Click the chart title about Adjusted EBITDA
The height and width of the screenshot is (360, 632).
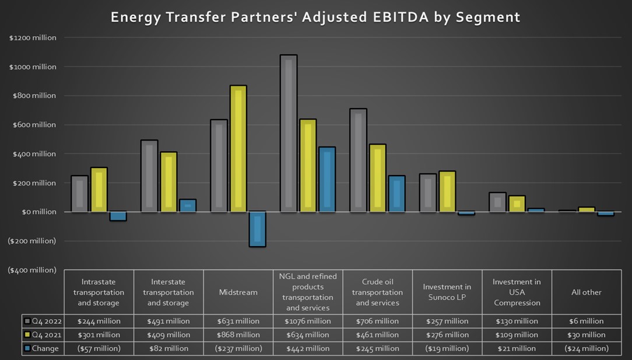tap(315, 17)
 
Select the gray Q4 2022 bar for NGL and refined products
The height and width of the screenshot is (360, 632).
tap(289, 133)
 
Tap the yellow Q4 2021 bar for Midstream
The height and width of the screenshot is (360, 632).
tap(238, 149)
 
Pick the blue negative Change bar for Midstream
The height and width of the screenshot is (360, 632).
tap(257, 229)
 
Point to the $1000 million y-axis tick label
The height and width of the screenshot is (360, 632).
tap(33, 67)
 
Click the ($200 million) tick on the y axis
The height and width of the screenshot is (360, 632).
tap(33, 240)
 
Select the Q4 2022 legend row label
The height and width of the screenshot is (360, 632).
tap(44, 321)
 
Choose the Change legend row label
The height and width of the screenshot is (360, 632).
tap(44, 348)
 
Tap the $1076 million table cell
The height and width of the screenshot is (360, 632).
tap(308, 321)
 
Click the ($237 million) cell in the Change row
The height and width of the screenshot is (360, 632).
tap(238, 348)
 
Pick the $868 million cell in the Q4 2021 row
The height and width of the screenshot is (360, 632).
tap(238, 335)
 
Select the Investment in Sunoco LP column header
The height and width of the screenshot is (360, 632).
tap(447, 292)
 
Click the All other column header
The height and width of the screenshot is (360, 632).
tap(587, 292)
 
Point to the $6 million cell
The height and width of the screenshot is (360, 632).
tap(587, 321)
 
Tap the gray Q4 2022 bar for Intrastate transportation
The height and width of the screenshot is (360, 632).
tap(80, 193)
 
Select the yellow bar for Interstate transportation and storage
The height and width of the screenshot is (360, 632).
tap(168, 181)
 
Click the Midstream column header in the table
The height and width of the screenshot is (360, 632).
tap(238, 292)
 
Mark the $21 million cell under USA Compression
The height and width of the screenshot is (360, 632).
tap(517, 348)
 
